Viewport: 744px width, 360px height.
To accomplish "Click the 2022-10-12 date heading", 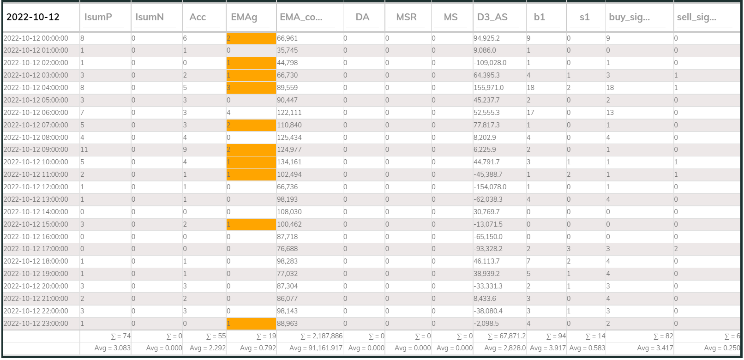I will click(x=33, y=17).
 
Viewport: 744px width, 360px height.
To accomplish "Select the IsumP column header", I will click(x=98, y=17).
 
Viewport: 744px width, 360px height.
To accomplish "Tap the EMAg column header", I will click(x=244, y=17).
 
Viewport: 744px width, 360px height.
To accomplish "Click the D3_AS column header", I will click(x=492, y=17).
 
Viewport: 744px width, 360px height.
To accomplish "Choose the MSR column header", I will click(x=406, y=17).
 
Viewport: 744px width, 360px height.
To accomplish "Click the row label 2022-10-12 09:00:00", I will click(x=36, y=150).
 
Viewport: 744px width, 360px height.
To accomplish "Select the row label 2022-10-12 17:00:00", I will click(x=36, y=249).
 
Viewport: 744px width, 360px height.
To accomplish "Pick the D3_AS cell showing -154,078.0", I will click(x=490, y=187).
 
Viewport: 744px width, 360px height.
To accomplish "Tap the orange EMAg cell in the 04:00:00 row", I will click(x=251, y=88).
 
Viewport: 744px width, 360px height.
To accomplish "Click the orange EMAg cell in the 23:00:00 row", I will click(x=251, y=324).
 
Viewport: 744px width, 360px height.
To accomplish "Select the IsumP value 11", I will click(x=84, y=150).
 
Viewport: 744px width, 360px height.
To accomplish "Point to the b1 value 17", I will click(x=530, y=113).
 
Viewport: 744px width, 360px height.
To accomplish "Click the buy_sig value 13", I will click(x=610, y=113).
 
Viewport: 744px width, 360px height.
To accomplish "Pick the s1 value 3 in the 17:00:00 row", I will click(x=569, y=249).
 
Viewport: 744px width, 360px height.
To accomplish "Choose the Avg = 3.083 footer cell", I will click(x=112, y=348).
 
